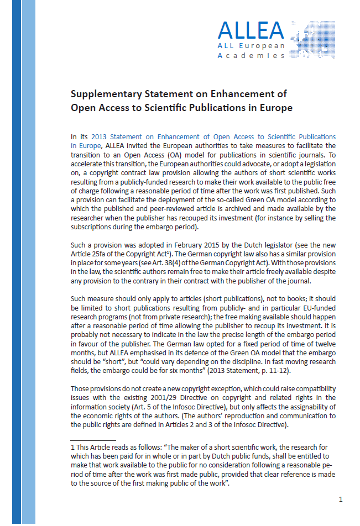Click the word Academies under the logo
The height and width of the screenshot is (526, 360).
[x=251, y=56]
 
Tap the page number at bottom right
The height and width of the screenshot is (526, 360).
[x=341, y=499]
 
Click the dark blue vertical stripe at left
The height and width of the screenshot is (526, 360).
[x=17, y=263]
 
